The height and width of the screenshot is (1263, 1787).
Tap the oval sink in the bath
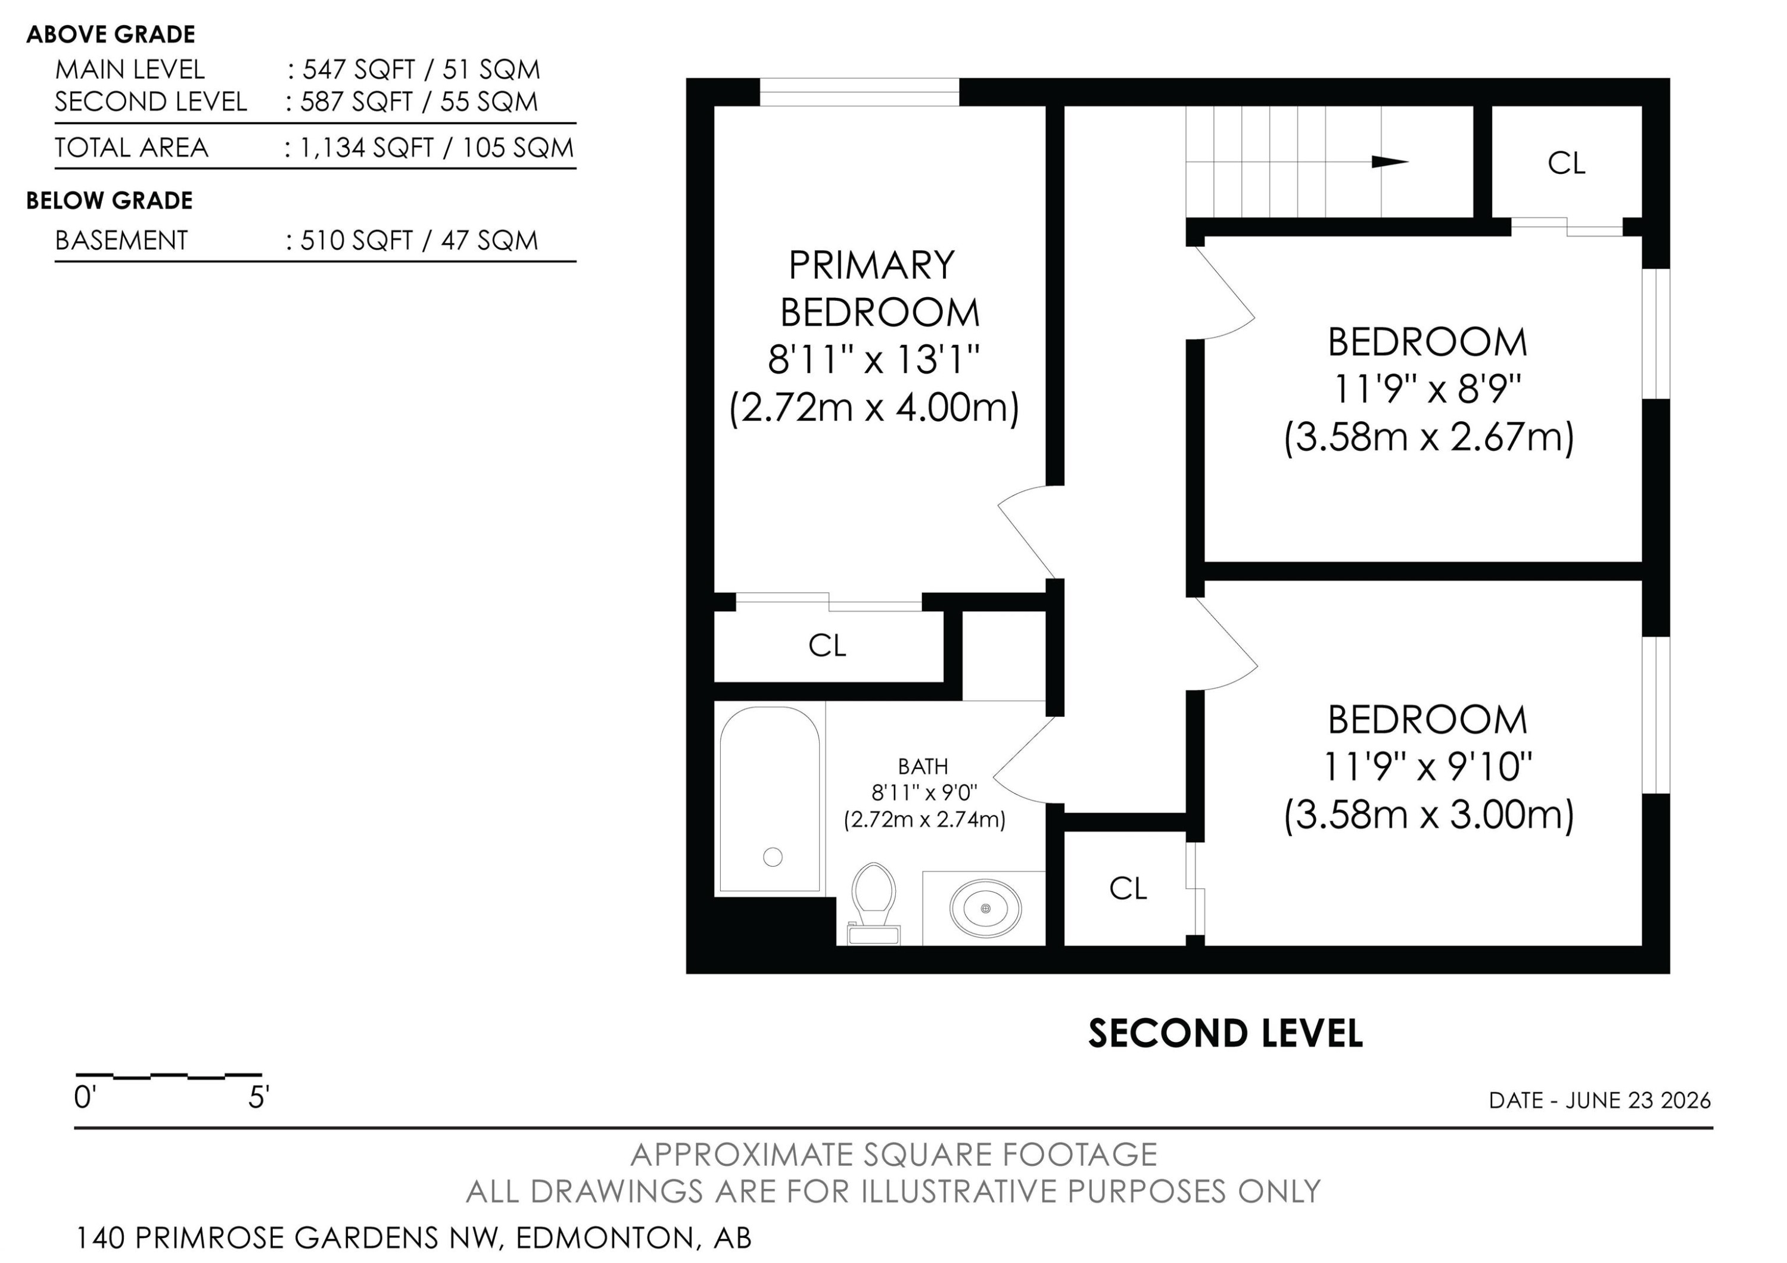[985, 908]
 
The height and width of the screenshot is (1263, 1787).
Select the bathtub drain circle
[773, 857]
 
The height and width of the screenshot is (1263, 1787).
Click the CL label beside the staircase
[1566, 163]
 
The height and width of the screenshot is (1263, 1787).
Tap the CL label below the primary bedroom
[827, 645]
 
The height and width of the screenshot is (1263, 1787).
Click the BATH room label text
[923, 767]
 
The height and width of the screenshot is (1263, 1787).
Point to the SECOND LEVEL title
[1225, 1034]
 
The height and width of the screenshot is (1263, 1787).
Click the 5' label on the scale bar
[259, 1098]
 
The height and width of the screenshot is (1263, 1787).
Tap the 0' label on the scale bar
[84, 1098]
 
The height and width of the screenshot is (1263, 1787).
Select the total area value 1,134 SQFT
[366, 148]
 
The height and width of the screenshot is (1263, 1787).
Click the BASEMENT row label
[122, 241]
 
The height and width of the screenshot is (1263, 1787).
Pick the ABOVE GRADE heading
[111, 34]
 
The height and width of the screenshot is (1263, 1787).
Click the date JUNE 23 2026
[1638, 1100]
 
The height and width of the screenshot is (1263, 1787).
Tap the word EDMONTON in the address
[604, 1237]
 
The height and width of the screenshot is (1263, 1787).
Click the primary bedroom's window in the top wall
[860, 92]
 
